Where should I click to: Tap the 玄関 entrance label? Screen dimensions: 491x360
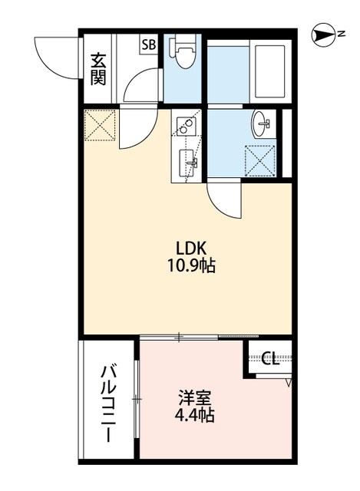click(x=98, y=68)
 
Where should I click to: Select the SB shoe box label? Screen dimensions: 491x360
click(x=147, y=45)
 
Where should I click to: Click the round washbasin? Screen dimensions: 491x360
click(x=262, y=122)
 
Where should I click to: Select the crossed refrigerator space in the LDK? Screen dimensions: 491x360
click(x=99, y=126)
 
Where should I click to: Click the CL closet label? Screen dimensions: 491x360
click(x=269, y=358)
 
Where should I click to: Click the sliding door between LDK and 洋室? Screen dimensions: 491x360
click(x=200, y=336)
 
